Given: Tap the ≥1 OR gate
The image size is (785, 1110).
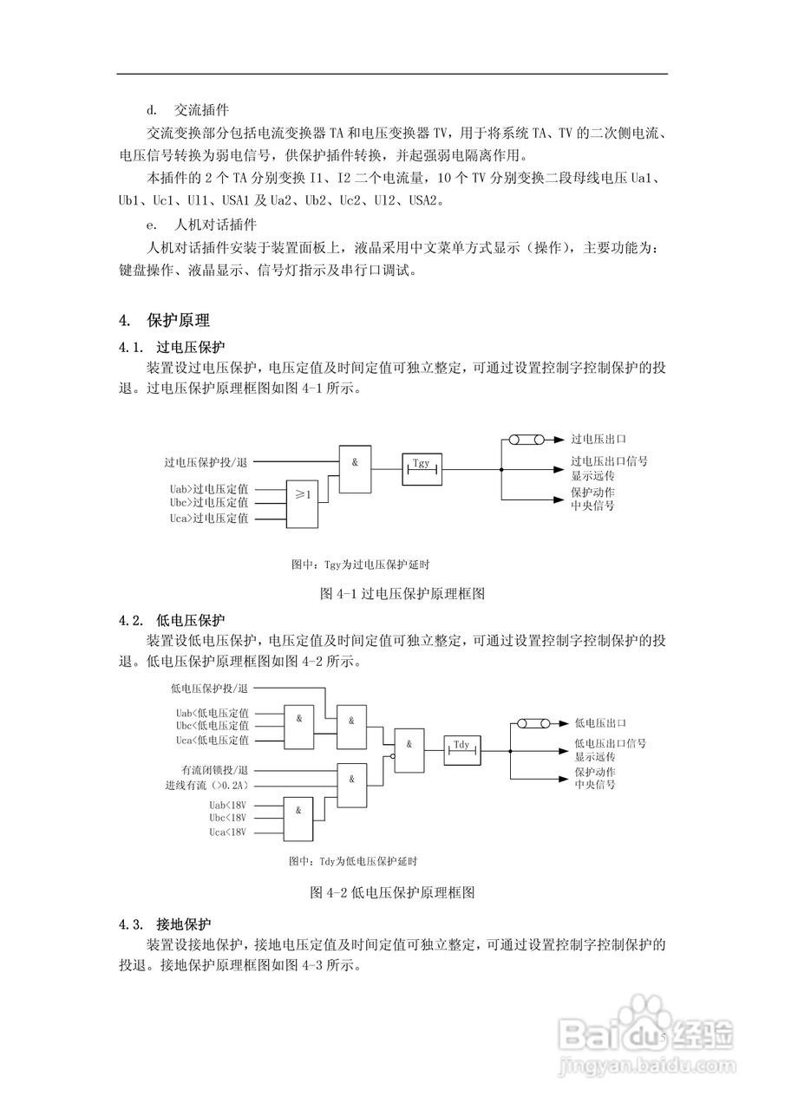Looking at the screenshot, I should tap(303, 502).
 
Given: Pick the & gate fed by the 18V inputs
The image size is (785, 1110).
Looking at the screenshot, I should tap(298, 818).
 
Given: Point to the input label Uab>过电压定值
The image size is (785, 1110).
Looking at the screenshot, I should tap(209, 488).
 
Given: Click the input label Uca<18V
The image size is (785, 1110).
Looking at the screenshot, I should tap(228, 832).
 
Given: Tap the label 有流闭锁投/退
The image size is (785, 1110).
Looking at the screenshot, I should tap(215, 770).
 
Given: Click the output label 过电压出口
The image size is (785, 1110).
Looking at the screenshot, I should tap(598, 441).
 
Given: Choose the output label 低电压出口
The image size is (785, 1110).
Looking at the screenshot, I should tap(601, 722).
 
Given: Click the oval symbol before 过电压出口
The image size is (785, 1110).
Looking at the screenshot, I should tap(526, 441).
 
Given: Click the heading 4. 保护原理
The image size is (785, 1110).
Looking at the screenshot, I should tap(165, 320).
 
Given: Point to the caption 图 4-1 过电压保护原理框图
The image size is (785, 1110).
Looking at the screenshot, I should tap(402, 594).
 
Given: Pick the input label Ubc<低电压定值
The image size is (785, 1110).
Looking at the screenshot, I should tap(212, 725).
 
